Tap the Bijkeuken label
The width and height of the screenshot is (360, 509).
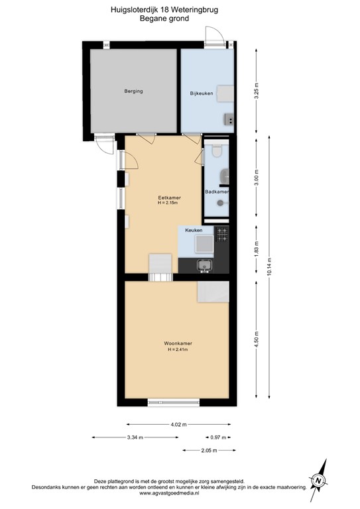pos(202,93)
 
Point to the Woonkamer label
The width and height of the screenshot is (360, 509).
pos(178,343)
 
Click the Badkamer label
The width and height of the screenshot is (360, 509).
pos(217,192)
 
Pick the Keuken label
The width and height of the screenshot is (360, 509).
pos(194,229)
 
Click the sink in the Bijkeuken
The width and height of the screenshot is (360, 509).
pos(229,119)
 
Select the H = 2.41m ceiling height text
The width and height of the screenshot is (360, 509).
pos(178,349)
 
